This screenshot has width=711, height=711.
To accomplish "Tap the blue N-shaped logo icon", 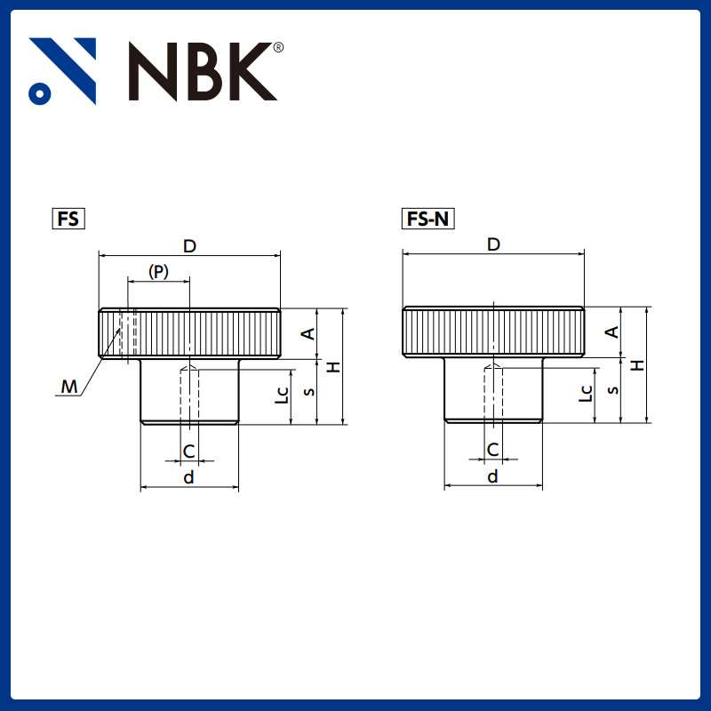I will click(62, 71).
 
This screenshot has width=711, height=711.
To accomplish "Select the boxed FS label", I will click(68, 219).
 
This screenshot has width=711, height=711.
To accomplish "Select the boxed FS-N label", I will click(428, 219).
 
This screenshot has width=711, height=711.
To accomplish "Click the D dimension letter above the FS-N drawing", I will click(493, 244).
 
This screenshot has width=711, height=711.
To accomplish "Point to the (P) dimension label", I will click(158, 271).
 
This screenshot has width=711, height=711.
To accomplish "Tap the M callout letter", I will click(68, 386).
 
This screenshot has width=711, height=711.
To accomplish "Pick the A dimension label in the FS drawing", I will click(308, 333).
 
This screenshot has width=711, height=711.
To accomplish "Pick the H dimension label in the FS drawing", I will click(332, 366).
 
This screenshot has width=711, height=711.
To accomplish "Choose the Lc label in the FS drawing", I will click(282, 394).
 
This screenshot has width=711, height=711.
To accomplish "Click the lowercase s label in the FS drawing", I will click(308, 392).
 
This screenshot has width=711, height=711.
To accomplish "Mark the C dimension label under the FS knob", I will click(188, 451).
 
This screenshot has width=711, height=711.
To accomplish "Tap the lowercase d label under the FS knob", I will click(188, 478).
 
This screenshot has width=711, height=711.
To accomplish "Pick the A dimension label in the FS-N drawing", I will click(611, 332).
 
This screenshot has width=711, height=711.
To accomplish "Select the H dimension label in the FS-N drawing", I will click(636, 365).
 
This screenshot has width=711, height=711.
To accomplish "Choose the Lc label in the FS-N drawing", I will click(586, 393).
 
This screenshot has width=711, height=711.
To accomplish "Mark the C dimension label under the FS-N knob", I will click(492, 451).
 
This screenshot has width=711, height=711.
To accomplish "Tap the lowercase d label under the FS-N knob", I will click(492, 477).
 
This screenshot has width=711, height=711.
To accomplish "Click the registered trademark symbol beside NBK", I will click(278, 47).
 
